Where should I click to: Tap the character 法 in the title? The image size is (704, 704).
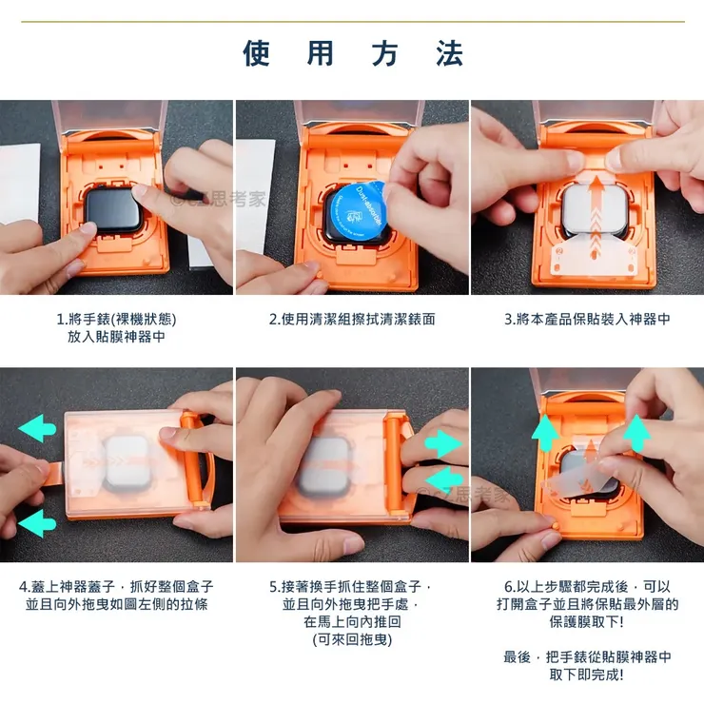tap(449, 54)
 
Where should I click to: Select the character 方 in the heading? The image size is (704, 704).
tap(384, 54)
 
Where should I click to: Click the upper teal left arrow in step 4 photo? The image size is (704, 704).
tap(37, 430)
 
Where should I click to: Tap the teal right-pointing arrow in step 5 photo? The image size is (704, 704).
tap(443, 442)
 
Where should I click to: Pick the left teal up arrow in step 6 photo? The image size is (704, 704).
tap(545, 433)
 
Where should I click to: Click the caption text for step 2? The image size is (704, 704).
tap(352, 320)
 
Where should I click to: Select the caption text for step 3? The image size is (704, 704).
tap(587, 320)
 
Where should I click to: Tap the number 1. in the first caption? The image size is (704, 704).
tap(63, 320)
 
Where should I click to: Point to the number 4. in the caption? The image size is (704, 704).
tap(27, 586)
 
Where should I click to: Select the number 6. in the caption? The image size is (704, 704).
tap(510, 586)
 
